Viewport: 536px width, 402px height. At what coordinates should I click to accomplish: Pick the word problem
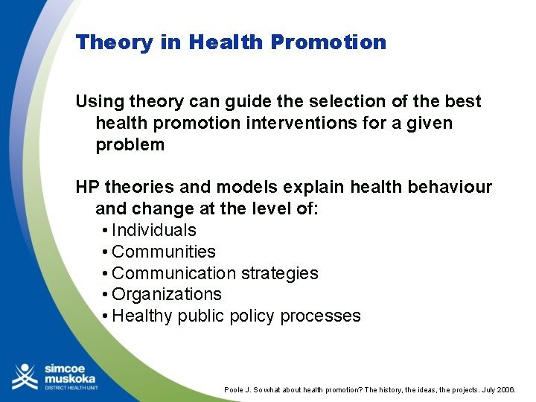click(x=130, y=144)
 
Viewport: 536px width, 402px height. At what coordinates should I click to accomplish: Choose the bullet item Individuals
click(x=153, y=231)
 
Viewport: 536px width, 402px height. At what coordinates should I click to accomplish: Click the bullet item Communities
click(x=163, y=252)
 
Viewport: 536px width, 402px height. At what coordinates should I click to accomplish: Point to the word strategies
click(x=281, y=274)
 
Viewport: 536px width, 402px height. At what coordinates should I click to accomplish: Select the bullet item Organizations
click(x=166, y=295)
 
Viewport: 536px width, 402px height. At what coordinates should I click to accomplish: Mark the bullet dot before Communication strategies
click(x=106, y=274)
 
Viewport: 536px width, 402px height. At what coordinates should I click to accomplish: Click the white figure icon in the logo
click(x=25, y=376)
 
